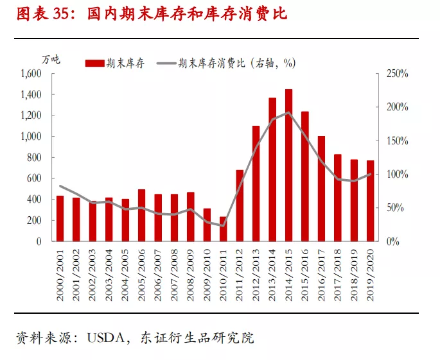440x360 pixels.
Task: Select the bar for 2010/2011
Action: click(x=223, y=229)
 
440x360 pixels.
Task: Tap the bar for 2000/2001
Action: click(x=60, y=219)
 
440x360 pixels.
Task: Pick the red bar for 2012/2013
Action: click(x=256, y=184)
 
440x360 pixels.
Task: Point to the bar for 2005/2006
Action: click(x=141, y=216)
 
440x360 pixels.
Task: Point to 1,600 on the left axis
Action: click(x=30, y=74)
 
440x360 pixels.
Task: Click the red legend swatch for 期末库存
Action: click(x=94, y=63)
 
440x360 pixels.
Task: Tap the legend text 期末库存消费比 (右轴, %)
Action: click(x=237, y=63)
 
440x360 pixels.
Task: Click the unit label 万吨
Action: click(x=51, y=59)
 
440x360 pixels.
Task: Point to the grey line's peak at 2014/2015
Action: click(x=288, y=112)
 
